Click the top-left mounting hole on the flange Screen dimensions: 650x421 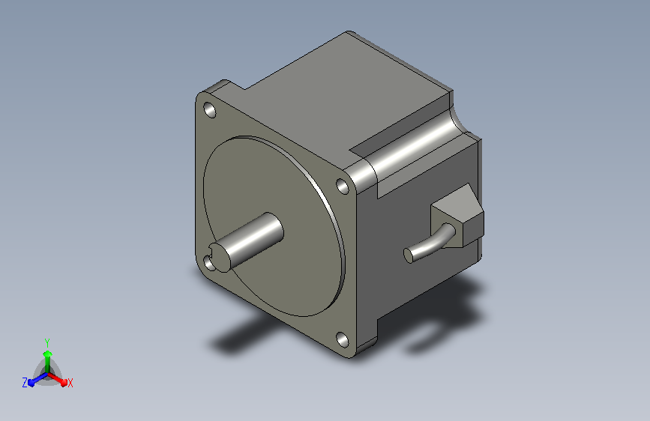tap(210, 110)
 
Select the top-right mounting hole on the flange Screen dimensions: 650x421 tap(343, 186)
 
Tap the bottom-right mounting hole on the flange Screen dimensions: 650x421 tap(342, 339)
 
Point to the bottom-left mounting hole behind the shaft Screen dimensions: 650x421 tap(208, 263)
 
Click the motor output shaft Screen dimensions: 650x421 tap(247, 242)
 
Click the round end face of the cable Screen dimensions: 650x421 tap(409, 255)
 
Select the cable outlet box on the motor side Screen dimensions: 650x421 tap(457, 216)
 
